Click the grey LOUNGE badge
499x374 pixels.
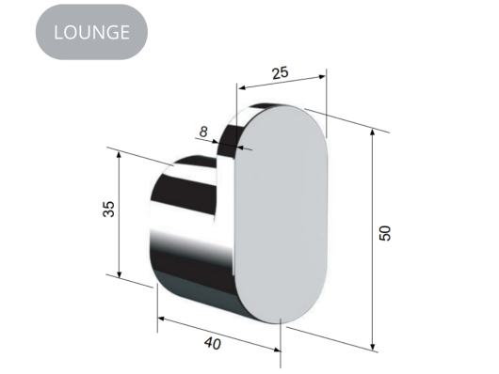pyautogui.click(x=91, y=32)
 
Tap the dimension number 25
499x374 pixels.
pyautogui.click(x=280, y=70)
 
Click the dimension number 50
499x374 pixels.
pyautogui.click(x=384, y=233)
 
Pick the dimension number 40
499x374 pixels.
pyautogui.click(x=213, y=345)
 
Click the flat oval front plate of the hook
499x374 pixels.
pyautogui.click(x=280, y=216)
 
